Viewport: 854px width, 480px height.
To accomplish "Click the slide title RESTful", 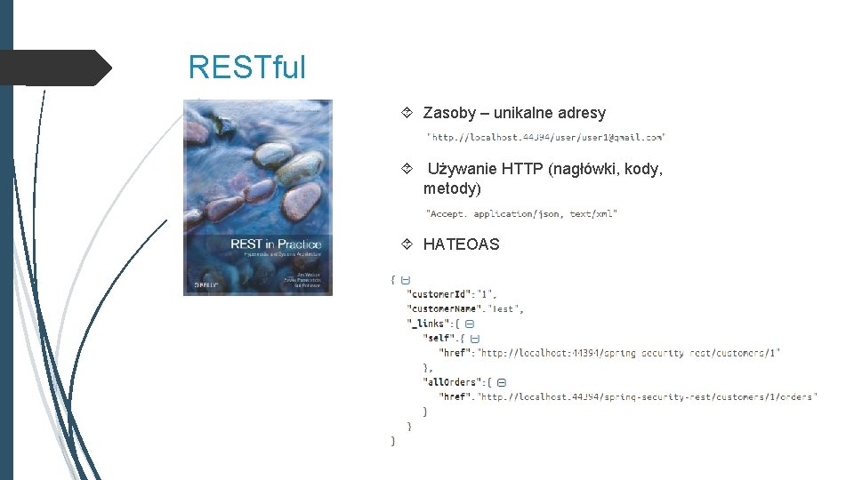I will [x=246, y=67].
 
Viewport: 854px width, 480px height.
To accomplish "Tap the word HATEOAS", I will [x=461, y=244].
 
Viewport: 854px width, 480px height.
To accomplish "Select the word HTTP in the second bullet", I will [x=523, y=169].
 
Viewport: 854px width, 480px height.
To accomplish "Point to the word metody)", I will [x=452, y=188].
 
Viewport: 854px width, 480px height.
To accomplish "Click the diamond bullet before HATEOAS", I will [x=407, y=244].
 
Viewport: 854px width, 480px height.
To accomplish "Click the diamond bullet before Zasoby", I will [x=407, y=113].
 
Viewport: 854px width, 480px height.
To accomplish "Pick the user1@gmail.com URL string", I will [x=546, y=137].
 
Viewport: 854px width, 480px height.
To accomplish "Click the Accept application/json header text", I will [x=521, y=214].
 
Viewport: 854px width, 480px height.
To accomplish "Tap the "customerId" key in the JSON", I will [x=439, y=294].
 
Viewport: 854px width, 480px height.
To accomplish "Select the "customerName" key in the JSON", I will [x=447, y=308].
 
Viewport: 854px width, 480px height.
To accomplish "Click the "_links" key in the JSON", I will [x=428, y=324].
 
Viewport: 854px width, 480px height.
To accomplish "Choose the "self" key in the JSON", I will [x=439, y=339].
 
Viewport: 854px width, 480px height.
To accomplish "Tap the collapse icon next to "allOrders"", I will [x=502, y=382].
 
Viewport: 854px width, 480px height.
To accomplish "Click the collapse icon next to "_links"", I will [x=470, y=324].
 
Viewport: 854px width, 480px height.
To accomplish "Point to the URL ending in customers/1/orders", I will [x=648, y=396].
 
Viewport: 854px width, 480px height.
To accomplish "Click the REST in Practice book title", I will [x=275, y=244].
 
